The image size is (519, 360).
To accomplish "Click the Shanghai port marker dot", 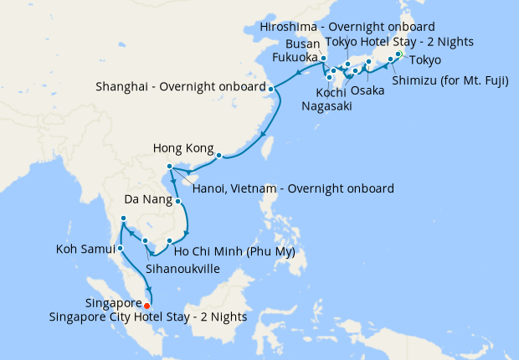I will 270,87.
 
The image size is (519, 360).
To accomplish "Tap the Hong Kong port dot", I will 218,155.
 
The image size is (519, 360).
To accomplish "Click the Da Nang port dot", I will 178,201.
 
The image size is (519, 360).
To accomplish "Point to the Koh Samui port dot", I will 121,248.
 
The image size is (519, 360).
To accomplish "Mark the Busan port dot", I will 323,59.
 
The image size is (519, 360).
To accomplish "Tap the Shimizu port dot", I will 390,59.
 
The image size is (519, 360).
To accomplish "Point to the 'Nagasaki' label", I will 328,106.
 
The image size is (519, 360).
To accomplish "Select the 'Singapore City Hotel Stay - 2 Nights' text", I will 166,316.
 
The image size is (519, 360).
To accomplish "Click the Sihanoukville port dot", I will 146,242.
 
